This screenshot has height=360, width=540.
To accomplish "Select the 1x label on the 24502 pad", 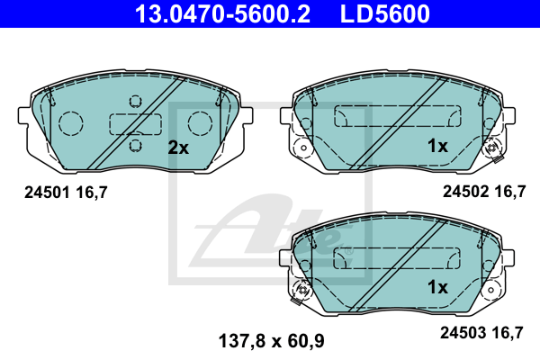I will tap(437, 146).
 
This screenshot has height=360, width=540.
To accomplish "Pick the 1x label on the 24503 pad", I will tap(437, 287).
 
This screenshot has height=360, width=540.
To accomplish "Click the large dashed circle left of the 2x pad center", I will tap(69, 122).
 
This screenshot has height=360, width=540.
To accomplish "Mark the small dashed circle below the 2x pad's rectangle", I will tap(135, 143).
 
